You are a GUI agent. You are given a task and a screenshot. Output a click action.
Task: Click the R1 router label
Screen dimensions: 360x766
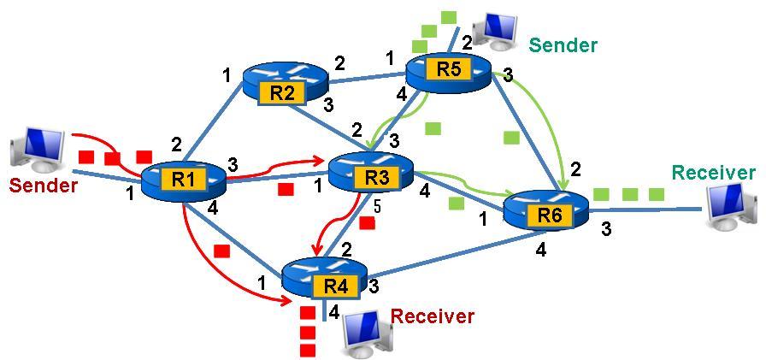click(182, 179)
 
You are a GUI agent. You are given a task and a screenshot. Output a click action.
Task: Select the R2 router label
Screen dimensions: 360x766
click(283, 92)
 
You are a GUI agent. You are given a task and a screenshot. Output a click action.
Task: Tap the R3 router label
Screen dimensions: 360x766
click(377, 177)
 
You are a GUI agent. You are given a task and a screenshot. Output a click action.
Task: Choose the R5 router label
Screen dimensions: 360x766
click(448, 70)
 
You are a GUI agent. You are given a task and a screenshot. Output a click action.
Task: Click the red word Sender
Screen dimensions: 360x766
click(44, 185)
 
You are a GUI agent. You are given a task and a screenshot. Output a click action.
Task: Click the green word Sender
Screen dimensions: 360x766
click(563, 45)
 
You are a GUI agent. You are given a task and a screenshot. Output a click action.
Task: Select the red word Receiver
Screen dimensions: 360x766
click(432, 316)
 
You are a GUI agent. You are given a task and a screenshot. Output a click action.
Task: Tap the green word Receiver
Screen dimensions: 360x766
click(713, 173)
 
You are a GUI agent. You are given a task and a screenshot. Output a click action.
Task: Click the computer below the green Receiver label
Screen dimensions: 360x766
click(734, 205)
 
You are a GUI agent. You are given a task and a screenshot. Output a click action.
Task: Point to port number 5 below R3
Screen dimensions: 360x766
click(375, 205)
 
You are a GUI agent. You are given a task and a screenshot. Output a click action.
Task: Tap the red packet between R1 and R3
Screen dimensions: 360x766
click(286, 188)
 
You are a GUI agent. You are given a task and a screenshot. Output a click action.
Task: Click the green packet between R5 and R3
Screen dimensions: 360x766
click(433, 128)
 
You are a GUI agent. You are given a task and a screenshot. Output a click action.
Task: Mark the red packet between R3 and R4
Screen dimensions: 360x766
click(367, 223)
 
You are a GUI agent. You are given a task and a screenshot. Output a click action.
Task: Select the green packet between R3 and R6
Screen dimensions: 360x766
click(456, 203)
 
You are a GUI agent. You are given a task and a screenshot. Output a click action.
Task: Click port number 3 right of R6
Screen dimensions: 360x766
click(606, 228)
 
